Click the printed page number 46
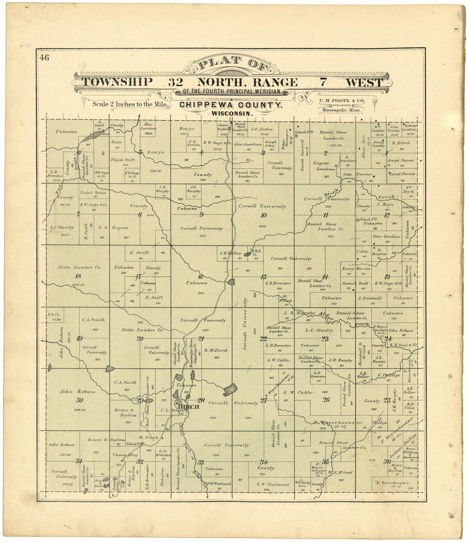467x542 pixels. [x=44, y=58]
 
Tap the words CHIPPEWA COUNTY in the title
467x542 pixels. [x=230, y=105]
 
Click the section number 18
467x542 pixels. [x=77, y=276]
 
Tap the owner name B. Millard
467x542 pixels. [x=216, y=351]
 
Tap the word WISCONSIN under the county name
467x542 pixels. [x=230, y=114]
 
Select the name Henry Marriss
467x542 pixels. [x=356, y=268]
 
